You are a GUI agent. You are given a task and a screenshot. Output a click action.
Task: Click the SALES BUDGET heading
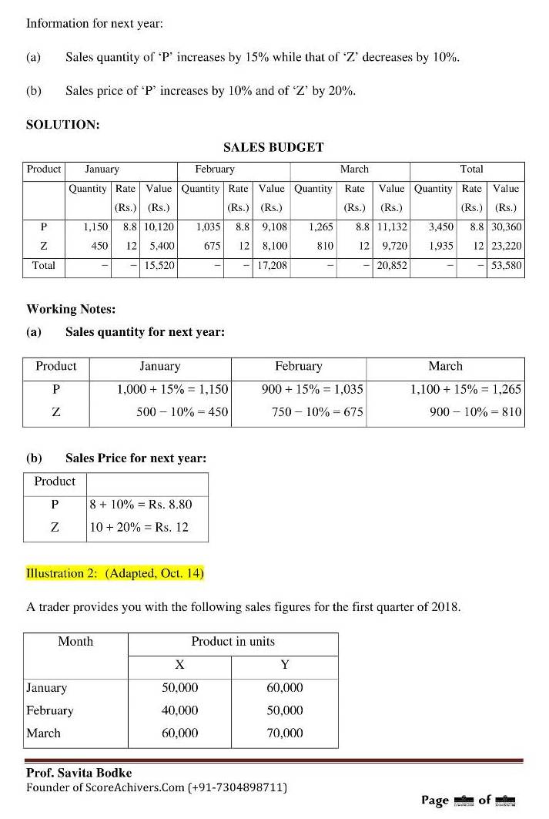point(273,147)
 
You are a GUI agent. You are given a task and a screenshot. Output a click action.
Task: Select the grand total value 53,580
point(506,266)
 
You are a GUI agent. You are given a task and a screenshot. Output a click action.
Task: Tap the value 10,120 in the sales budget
point(159,227)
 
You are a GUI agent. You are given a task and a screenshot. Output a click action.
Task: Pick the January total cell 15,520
point(159,266)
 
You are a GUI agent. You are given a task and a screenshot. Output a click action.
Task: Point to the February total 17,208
point(272,266)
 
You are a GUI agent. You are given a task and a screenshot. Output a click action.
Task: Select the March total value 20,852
point(392,266)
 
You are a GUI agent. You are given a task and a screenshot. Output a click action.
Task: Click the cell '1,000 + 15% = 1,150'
point(172,390)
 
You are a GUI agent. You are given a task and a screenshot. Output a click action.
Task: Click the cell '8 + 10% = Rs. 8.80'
point(141,505)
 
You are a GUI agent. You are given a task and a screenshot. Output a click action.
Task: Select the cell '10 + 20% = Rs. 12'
point(139,528)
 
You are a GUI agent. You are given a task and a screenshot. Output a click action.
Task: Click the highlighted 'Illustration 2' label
point(115,573)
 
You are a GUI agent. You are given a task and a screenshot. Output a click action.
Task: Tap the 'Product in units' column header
point(233,642)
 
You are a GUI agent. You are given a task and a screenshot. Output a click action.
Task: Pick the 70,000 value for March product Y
point(285,733)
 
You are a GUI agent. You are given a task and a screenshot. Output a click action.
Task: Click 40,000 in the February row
point(179,710)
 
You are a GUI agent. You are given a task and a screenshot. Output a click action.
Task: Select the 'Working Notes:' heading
point(71,309)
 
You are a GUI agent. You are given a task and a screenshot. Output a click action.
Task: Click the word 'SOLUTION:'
point(62,124)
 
